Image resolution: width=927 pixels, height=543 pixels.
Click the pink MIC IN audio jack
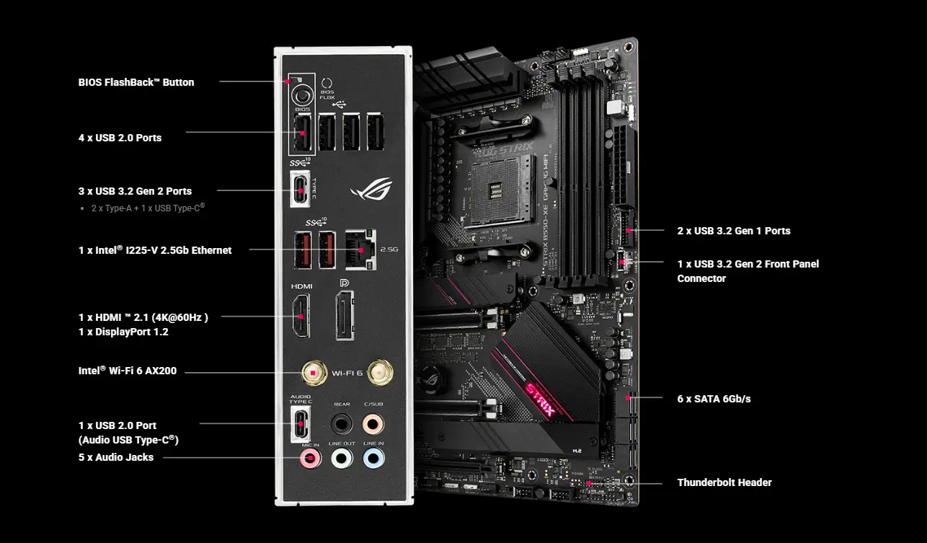(311, 457)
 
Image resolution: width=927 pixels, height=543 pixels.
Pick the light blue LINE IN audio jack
(373, 457)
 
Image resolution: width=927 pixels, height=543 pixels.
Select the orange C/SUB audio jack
(373, 421)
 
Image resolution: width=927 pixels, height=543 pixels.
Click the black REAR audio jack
(341, 421)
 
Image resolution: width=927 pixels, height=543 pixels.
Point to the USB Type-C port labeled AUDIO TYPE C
(300, 423)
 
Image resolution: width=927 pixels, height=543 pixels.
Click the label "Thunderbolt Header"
(724, 482)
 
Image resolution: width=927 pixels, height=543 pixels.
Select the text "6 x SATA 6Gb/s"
(713, 398)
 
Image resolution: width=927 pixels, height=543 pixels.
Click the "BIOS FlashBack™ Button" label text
(136, 82)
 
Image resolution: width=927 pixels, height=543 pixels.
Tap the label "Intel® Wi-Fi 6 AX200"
(128, 371)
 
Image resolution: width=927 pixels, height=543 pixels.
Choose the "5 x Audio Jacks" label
(116, 457)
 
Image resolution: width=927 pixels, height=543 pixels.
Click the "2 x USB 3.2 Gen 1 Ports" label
(733, 231)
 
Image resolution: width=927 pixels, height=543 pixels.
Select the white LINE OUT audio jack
(341, 457)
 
